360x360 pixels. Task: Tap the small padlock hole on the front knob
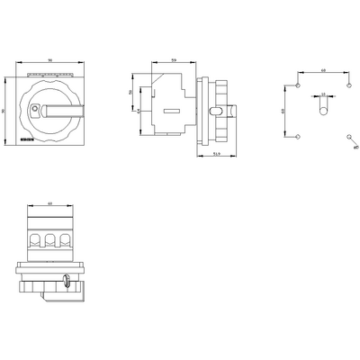34,110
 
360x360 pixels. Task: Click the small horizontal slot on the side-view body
171,112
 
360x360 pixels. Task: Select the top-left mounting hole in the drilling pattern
297,85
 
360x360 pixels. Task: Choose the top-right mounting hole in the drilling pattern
348,85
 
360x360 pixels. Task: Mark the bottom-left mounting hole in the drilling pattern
297,136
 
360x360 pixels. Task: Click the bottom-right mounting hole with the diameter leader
348,136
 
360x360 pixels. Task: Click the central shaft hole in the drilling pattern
322,110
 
